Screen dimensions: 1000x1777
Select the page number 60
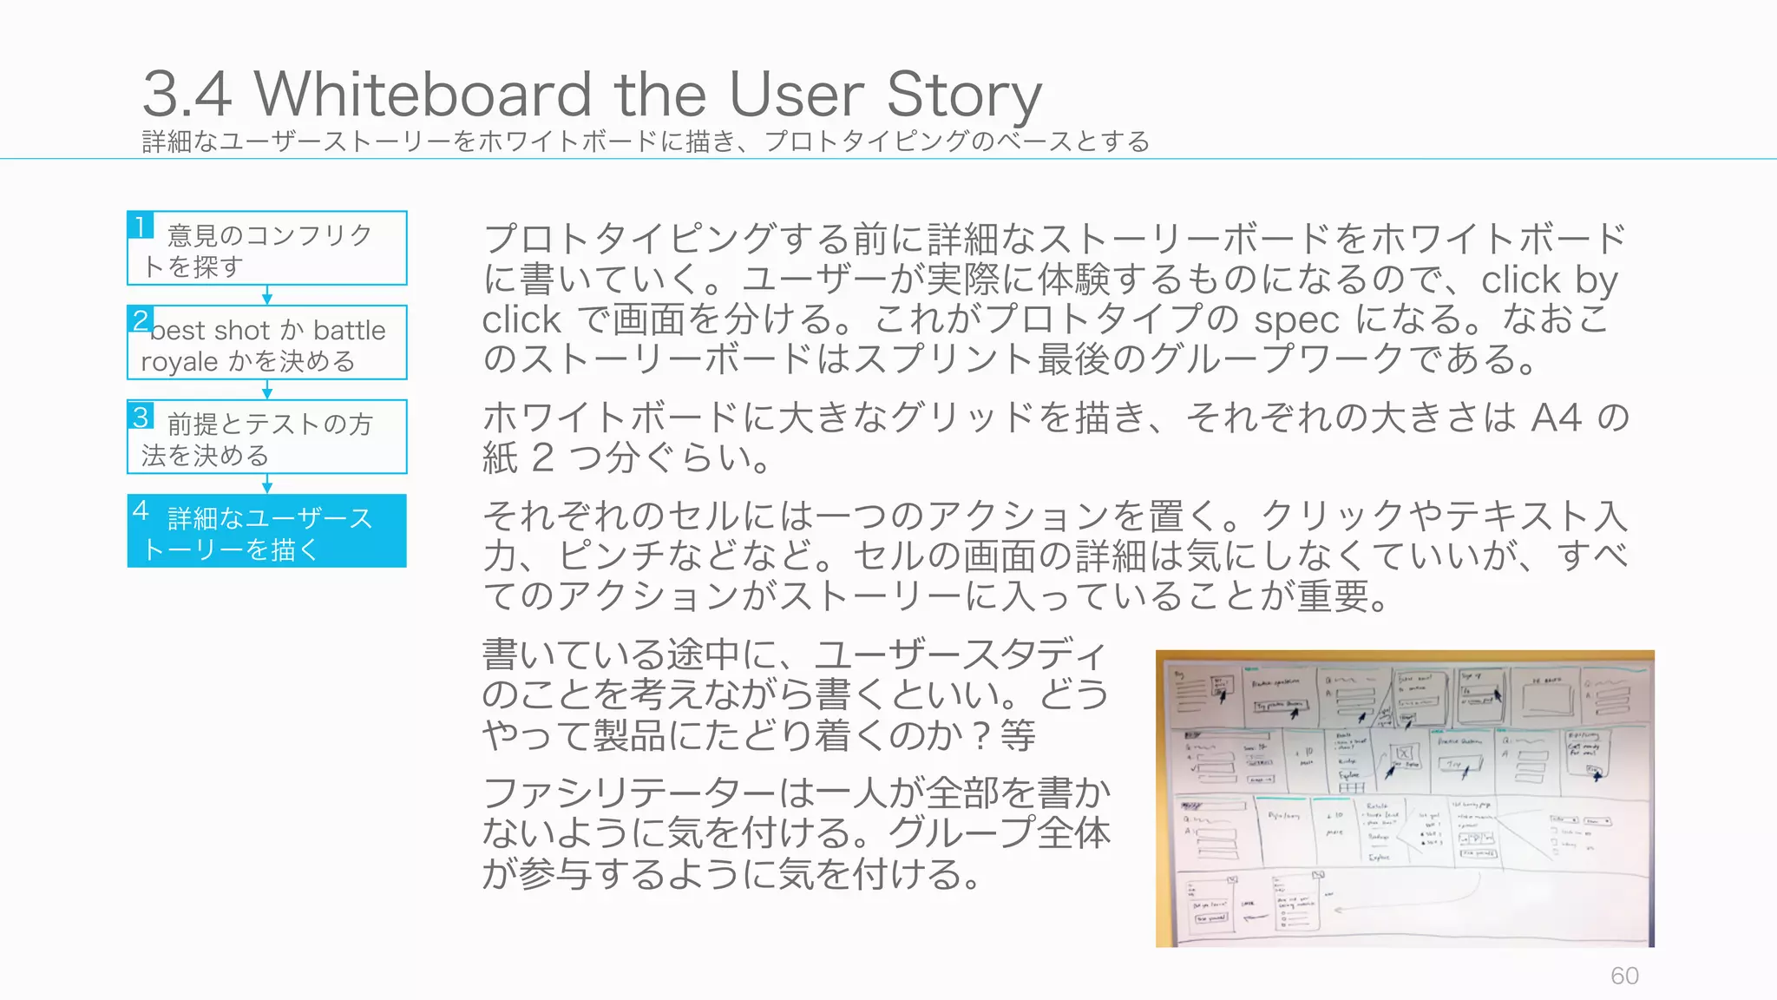pos(1624,976)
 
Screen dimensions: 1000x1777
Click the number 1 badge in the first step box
pos(141,226)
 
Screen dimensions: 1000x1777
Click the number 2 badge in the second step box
pos(141,319)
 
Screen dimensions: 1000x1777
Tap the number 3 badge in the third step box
pos(141,415)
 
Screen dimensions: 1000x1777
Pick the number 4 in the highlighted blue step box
pos(141,510)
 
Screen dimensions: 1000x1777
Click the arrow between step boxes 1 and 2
pos(267,295)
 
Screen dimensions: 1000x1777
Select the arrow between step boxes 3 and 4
pos(267,484)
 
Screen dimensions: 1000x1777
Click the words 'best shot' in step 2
pos(211,331)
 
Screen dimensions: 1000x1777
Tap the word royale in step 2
pos(180,361)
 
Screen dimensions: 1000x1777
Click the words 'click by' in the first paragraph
pos(1549,280)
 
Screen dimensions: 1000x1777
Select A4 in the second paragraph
pos(1557,418)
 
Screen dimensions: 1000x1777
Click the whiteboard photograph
pos(1405,799)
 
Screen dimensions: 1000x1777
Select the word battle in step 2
pos(349,331)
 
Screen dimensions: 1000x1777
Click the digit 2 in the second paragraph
pos(542,457)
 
